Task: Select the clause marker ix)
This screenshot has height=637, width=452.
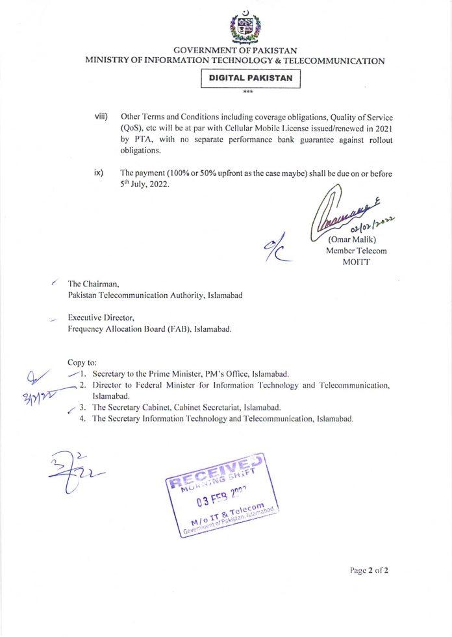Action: click(99, 173)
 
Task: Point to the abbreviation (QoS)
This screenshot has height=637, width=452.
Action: click(132, 127)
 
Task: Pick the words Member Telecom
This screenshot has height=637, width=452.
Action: click(351, 250)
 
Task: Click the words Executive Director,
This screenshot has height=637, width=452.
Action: click(101, 318)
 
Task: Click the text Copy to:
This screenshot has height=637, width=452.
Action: click(82, 362)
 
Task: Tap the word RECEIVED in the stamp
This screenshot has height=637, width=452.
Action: click(216, 473)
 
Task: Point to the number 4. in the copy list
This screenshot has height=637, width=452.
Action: click(83, 419)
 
